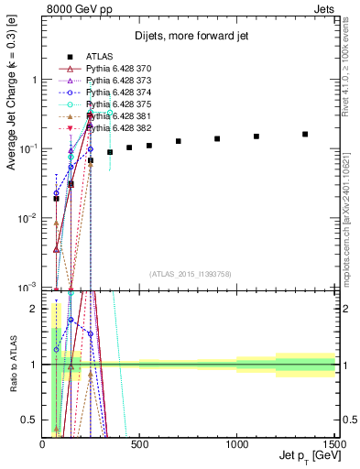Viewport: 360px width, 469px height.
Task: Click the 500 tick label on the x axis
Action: click(x=140, y=444)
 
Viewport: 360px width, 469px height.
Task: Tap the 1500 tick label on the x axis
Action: click(x=333, y=444)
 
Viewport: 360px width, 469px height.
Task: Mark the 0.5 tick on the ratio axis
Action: click(x=32, y=420)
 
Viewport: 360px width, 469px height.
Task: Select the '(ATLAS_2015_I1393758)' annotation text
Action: click(x=189, y=273)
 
